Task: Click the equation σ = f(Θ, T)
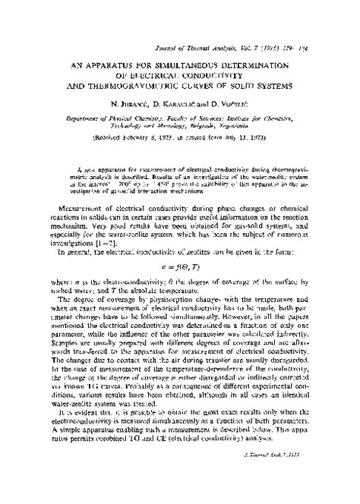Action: pyautogui.click(x=180, y=225)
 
